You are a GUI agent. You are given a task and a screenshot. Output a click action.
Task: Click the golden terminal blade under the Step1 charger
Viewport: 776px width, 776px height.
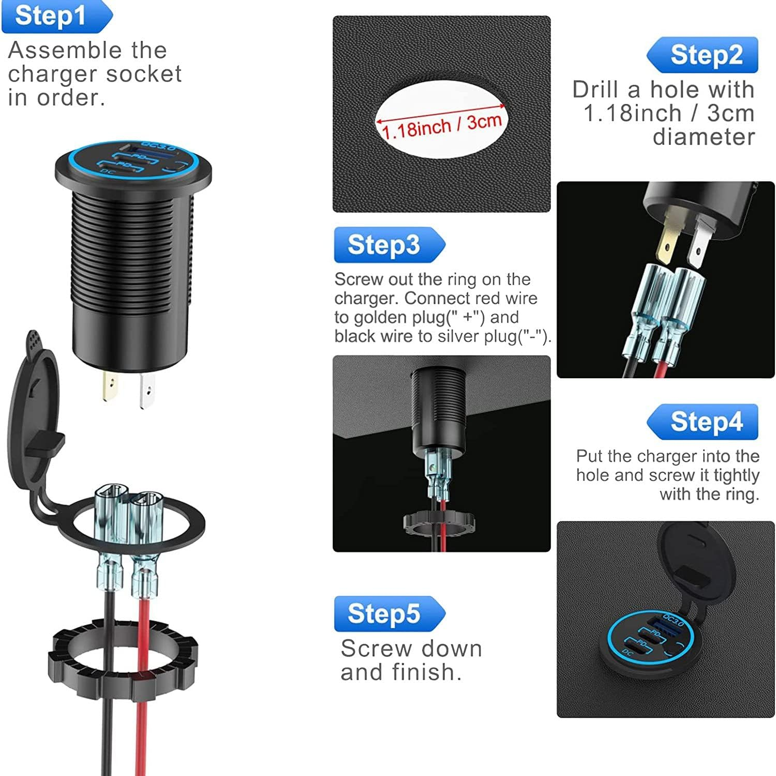tap(110, 386)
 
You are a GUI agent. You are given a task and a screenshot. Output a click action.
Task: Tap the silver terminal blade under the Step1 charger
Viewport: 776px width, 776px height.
tap(147, 390)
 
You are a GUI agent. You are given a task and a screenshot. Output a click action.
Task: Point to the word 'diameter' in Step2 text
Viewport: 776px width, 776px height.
tap(704, 137)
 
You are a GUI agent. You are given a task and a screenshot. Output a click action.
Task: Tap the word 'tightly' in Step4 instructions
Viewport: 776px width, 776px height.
tap(736, 475)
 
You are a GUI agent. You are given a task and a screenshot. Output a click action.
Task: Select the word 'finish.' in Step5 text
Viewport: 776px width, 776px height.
tap(427, 672)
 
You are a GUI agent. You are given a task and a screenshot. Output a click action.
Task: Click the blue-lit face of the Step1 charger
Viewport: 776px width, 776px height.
tap(133, 160)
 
